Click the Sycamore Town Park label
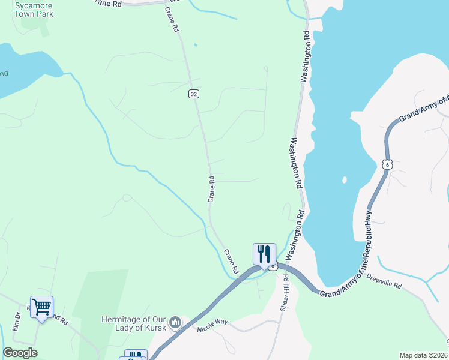point(34,9)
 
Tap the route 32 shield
point(193,94)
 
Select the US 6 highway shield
point(387,164)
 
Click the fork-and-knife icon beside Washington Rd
point(264,254)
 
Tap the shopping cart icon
point(41,307)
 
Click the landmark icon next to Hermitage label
point(175,323)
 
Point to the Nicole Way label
point(213,325)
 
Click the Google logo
point(20,353)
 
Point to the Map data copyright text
point(423,355)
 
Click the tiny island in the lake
point(344,179)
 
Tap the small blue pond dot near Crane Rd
point(195,44)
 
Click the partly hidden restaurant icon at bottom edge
point(135,355)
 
